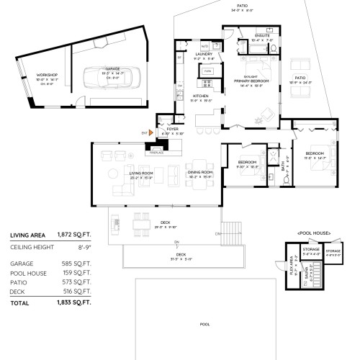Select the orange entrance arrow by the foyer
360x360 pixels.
click(152, 132)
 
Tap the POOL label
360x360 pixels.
click(204, 324)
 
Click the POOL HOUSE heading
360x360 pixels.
click(312, 234)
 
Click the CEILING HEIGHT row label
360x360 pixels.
click(29, 248)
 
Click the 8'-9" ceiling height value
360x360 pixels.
click(84, 248)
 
